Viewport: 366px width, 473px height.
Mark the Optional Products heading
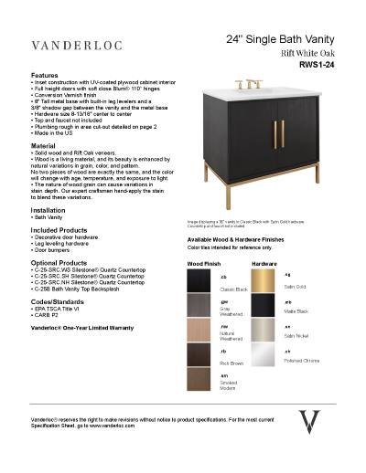coord(59,261)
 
